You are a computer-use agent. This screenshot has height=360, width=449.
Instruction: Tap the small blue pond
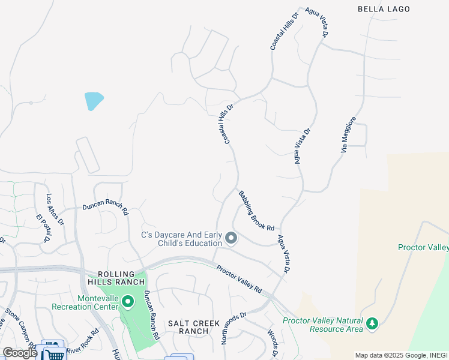pyautogui.click(x=94, y=100)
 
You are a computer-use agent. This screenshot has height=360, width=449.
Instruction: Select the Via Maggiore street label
pyautogui.click(x=349, y=134)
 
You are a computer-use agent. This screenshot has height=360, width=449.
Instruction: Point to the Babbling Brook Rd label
pyautogui.click(x=256, y=211)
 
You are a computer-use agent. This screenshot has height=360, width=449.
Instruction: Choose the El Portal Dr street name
pyautogui.click(x=43, y=229)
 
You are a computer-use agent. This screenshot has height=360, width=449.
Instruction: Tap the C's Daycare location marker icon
pyautogui.click(x=231, y=239)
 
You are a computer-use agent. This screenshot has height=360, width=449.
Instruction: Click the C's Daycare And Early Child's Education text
pyautogui.click(x=181, y=239)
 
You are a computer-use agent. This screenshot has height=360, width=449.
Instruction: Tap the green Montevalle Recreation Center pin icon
pyautogui.click(x=127, y=301)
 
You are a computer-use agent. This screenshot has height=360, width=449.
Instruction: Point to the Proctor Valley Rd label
pyautogui.click(x=239, y=279)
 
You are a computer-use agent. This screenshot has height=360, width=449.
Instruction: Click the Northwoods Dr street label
pyautogui.click(x=234, y=327)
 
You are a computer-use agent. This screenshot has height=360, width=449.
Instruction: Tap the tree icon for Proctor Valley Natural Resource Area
pyautogui.click(x=372, y=324)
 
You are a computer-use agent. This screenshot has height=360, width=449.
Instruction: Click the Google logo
pyautogui.click(x=20, y=353)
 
